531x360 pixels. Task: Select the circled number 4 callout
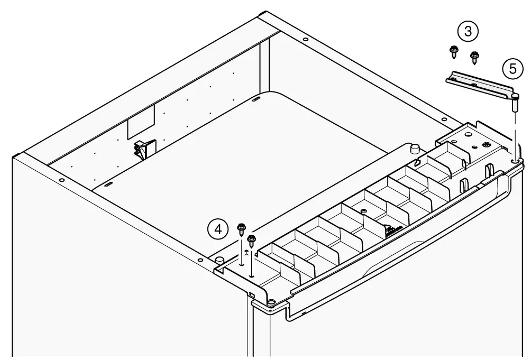pos(218,228)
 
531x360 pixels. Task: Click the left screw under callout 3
pos(453,52)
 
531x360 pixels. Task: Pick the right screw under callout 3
pos(474,56)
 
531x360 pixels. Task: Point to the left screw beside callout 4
pos(241,228)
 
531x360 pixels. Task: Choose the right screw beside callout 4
pos(251,239)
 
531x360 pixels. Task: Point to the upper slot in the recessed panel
pos(256,99)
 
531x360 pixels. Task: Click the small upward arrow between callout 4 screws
pos(246,252)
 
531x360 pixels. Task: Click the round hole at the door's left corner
pos(271,301)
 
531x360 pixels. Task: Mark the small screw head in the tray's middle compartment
pos(363,211)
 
